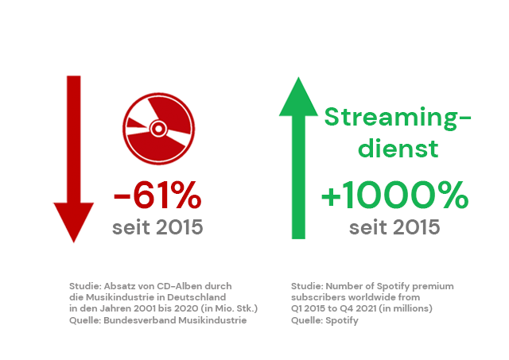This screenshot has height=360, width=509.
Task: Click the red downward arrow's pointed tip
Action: (74, 242)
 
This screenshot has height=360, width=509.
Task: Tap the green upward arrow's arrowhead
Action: (298, 97)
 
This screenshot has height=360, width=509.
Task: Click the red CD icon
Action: (159, 129)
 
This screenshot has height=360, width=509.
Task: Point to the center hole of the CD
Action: (159, 129)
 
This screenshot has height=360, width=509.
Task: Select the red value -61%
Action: (157, 195)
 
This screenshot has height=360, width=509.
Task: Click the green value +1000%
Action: (394, 195)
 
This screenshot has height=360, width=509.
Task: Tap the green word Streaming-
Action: (398, 118)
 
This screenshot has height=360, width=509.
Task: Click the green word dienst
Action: (398, 148)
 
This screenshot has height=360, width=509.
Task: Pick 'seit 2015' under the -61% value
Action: (157, 227)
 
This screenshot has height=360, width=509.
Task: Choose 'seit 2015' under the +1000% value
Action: (394, 227)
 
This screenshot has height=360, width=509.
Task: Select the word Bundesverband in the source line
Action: (140, 320)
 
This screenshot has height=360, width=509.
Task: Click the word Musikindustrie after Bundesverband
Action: (212, 320)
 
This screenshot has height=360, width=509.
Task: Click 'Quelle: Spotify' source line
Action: (324, 321)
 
